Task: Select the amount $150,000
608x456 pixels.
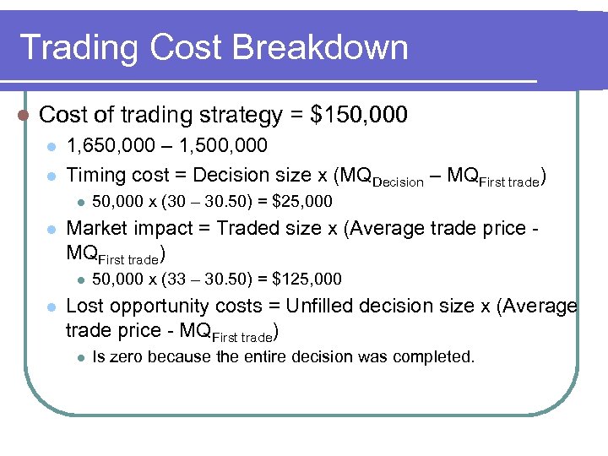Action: click(360, 114)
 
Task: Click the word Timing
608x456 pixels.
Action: click(93, 175)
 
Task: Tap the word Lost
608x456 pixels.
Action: click(84, 306)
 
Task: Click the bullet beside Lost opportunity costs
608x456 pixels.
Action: click(51, 307)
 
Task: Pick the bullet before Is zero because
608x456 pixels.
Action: click(78, 357)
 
